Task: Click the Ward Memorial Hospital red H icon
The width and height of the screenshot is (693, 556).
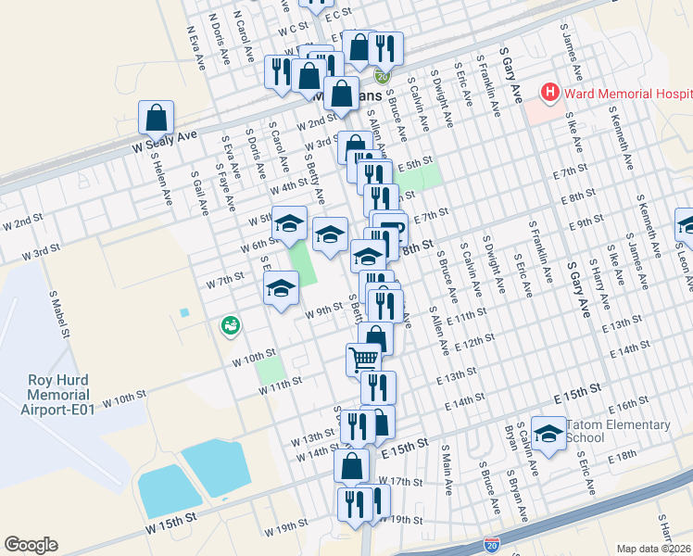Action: coord(550,93)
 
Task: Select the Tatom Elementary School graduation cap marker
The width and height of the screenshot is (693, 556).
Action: coord(548,435)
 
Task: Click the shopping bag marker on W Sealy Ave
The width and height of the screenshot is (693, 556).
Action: coord(156,118)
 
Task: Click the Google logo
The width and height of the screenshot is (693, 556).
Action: coord(31,545)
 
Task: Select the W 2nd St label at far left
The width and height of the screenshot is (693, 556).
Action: coord(22,222)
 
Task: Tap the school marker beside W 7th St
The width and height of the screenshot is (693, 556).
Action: coord(282,287)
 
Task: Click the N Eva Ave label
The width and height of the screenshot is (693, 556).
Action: coord(196,47)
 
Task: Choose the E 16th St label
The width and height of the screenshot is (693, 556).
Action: coord(629,404)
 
